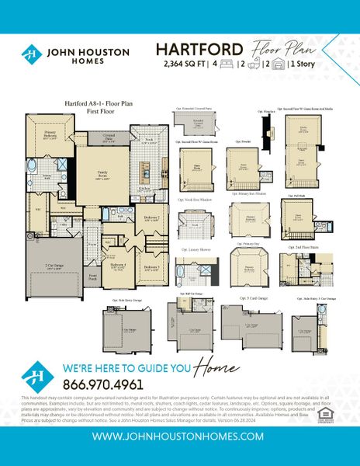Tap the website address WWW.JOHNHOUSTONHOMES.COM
180,437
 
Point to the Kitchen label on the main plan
144,188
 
